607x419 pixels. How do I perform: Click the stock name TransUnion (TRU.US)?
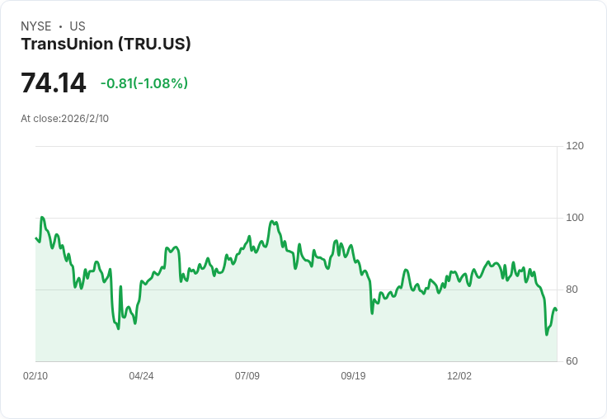[x=106, y=45]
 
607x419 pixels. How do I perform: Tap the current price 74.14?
[x=54, y=83]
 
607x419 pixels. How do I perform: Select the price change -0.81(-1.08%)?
[x=144, y=83]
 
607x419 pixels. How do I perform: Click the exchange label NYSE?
[x=36, y=26]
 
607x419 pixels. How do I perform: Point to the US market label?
[x=78, y=26]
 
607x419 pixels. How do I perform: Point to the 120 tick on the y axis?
[x=575, y=146]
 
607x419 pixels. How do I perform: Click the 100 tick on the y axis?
[x=575, y=218]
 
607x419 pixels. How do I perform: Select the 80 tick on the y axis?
[x=575, y=290]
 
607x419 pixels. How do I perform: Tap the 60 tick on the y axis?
[x=575, y=361]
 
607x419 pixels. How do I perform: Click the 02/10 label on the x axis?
[x=35, y=376]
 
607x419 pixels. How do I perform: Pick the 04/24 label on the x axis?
[x=141, y=376]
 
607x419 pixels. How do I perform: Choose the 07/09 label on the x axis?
[x=247, y=376]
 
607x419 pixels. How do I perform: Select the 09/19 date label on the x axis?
[x=353, y=376]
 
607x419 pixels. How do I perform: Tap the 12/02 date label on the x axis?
[x=459, y=376]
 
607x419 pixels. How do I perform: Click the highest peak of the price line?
[x=41, y=218]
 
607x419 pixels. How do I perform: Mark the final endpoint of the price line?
[x=557, y=310]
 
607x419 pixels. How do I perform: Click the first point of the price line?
[x=35, y=238]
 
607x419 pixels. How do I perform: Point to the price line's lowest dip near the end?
[x=546, y=334]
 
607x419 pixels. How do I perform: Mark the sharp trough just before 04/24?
[x=118, y=328]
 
